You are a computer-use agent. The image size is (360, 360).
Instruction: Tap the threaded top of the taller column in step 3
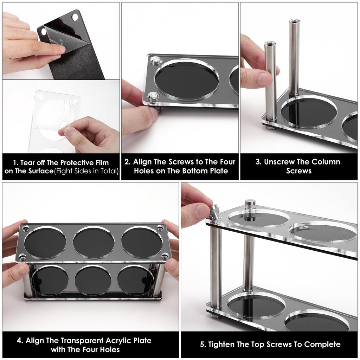[x=294, y=22]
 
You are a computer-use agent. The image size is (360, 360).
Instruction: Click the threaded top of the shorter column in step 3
[x=270, y=44]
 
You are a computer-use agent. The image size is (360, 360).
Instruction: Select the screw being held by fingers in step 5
[x=214, y=212]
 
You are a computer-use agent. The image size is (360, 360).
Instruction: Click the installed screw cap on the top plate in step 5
[x=250, y=204]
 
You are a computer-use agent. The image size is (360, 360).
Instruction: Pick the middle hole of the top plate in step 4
[x=94, y=243]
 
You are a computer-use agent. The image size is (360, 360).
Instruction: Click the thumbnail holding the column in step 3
[x=264, y=79]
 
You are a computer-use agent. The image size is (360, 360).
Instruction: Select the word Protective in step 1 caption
[x=79, y=163]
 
